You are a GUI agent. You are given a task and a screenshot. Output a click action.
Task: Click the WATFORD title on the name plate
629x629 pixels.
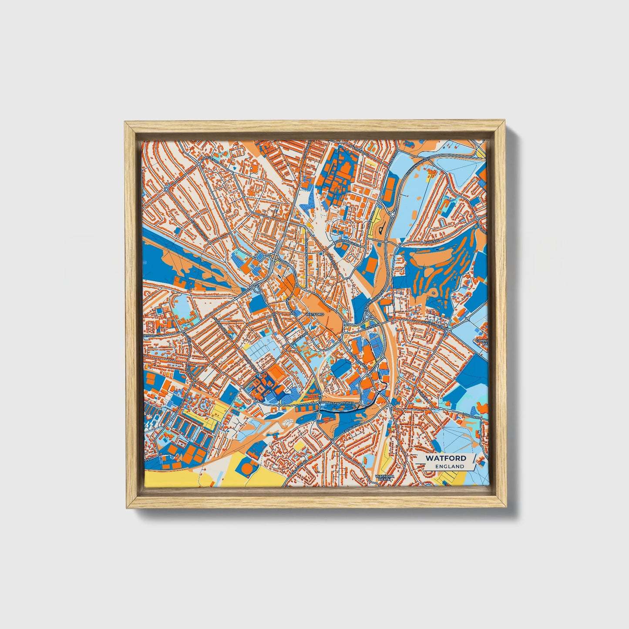pyautogui.click(x=446, y=458)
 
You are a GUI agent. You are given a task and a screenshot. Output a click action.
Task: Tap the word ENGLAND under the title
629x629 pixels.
pyautogui.click(x=449, y=466)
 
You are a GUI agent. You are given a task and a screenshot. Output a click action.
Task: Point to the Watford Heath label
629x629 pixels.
pyautogui.click(x=385, y=478)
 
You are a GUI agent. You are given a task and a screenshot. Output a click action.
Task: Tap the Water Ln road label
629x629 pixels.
pyautogui.click(x=372, y=324)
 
